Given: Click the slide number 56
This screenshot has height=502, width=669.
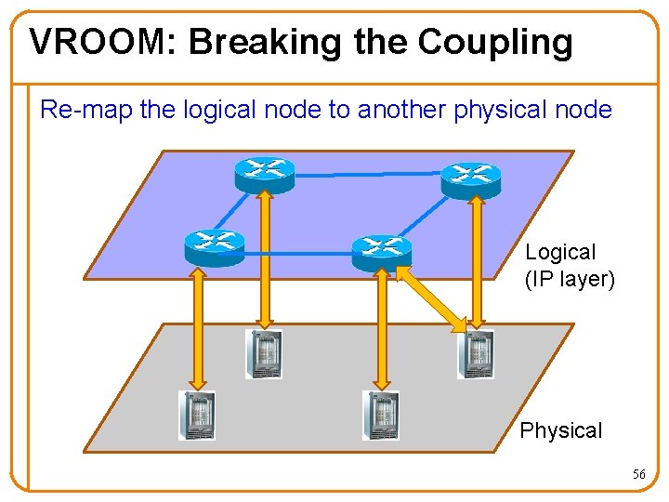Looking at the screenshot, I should point(638,474).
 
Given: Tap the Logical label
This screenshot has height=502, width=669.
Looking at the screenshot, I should point(560,252).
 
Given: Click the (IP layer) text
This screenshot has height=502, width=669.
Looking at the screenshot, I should point(570,279).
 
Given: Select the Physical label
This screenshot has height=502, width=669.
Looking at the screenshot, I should point(561,430).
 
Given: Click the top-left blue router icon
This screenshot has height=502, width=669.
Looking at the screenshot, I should point(264,173).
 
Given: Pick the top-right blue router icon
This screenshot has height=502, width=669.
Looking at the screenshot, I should point(470,178).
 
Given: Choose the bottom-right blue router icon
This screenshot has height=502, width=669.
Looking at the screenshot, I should point(381,248).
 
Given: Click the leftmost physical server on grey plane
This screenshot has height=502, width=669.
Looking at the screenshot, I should point(197,415).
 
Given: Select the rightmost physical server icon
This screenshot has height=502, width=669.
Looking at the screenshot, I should point(475,354).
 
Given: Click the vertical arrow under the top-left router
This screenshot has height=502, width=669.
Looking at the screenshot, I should point(265,260).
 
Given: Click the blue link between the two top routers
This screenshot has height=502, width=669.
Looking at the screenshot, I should point(367,174).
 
